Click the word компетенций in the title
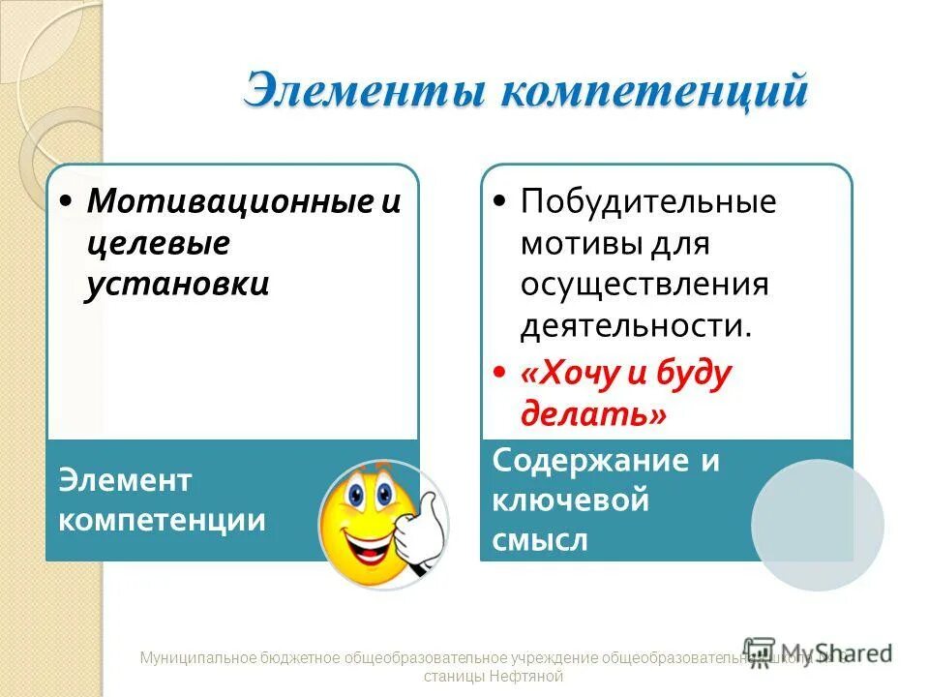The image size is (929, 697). coord(653,93)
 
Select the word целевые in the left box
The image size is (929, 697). coord(158,243)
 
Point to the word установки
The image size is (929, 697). coord(177,285)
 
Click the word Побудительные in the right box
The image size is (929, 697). coord(648,202)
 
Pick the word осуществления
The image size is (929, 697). coord(644,285)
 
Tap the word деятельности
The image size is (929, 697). coord(635,325)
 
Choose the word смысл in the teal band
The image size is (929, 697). coord(539,539)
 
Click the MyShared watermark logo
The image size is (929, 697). coord(817,652)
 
